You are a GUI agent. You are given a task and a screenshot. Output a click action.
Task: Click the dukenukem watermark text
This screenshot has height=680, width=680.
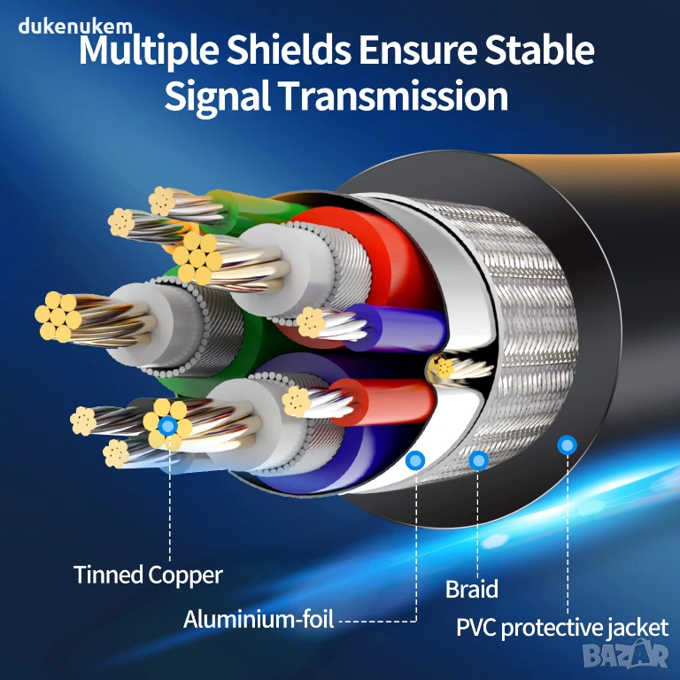(x=75, y=27)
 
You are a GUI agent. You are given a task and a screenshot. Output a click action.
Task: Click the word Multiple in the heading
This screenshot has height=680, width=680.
(x=149, y=51)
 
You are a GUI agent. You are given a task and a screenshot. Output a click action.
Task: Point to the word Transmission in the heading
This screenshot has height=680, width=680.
(x=393, y=96)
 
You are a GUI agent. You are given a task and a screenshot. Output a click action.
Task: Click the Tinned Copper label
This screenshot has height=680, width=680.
(x=148, y=575)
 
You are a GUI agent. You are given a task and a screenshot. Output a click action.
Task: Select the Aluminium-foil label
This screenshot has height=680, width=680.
(x=259, y=619)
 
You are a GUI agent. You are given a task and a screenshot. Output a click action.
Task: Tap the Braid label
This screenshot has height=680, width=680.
(x=472, y=589)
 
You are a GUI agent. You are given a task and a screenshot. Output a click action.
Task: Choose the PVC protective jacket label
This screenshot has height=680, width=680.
(x=562, y=628)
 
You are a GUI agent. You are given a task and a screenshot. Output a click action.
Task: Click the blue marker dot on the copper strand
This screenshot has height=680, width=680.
(x=168, y=426)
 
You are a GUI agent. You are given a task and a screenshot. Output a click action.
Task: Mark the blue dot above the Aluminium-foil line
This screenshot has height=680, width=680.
(x=415, y=460)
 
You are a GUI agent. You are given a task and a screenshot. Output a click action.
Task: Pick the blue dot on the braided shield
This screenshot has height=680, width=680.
(x=479, y=460)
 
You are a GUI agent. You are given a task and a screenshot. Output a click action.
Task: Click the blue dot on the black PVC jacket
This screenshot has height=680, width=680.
(x=567, y=445)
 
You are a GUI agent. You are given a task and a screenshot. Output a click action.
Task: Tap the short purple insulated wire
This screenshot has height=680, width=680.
(x=395, y=327)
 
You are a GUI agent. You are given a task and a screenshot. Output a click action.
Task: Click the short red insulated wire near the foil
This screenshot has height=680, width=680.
(x=382, y=401)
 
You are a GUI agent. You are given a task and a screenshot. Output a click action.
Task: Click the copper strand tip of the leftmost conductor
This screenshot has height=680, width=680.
(x=58, y=316)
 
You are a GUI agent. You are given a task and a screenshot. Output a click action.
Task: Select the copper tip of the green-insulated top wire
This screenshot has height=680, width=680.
(x=162, y=201)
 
